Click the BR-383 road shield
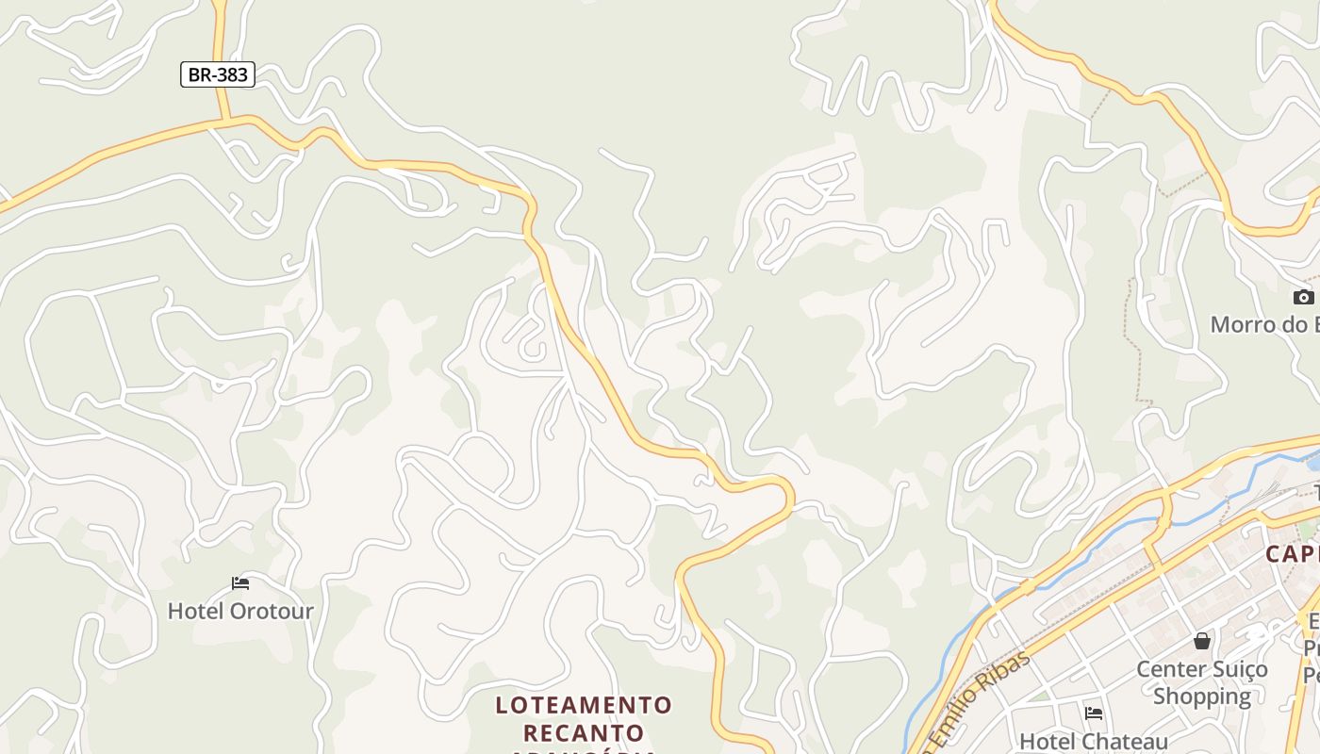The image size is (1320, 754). click(218, 74)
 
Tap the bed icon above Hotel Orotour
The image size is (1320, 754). click(240, 583)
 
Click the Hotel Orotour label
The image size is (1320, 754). click(240, 611)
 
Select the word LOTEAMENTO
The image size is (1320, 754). click(584, 705)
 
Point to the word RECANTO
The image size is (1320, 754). click(584, 732)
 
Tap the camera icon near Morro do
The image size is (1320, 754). click(1303, 298)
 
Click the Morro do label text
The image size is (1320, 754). click(1263, 324)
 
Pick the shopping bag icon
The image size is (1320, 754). click(1202, 642)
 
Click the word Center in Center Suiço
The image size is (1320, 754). click(1169, 669)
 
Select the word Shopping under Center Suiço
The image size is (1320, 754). click(1202, 697)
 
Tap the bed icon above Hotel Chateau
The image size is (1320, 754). click(1094, 713)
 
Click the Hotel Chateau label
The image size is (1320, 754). click(1094, 742)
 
